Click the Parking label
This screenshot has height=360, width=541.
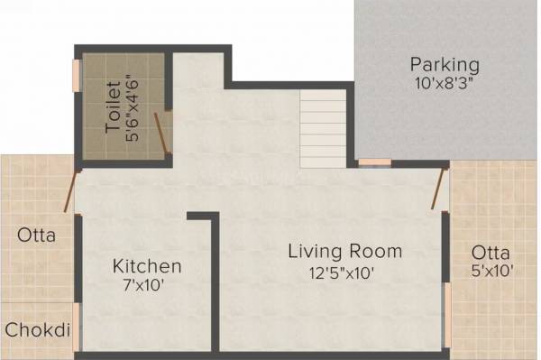(445, 65)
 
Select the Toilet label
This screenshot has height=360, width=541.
(113, 106)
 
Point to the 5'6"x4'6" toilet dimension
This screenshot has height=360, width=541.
(133, 106)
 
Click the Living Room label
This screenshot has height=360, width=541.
(344, 251)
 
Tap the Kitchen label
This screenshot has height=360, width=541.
(147, 267)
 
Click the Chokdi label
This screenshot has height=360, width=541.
(38, 330)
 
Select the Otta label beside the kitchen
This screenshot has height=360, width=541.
(36, 236)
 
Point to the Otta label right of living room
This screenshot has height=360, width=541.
(491, 253)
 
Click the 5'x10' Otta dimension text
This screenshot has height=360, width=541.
(491, 272)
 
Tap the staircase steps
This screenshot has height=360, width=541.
(322, 129)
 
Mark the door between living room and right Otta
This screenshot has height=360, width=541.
(439, 188)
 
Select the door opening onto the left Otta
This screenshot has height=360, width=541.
(69, 189)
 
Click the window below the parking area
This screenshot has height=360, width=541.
(374, 162)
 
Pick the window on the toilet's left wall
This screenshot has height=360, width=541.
(76, 81)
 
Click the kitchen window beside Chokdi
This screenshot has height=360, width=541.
(78, 325)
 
